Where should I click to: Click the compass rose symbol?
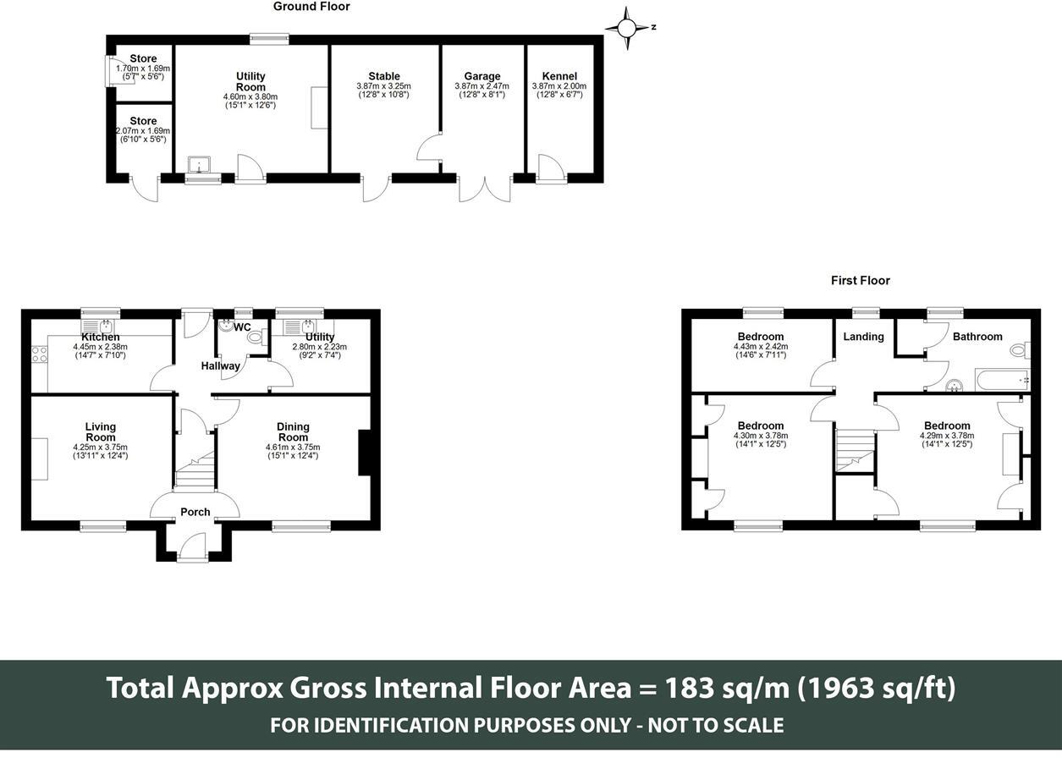coord(627,29)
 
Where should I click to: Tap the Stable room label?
coord(384,76)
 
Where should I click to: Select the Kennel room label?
coord(559,76)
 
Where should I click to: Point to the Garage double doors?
coord(485,189)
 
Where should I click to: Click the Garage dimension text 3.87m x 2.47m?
coord(481,86)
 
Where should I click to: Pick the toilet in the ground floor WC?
coord(256,338)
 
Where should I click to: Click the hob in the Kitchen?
coord(40,354)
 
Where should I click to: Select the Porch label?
coord(195,512)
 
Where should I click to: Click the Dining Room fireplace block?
coord(364,453)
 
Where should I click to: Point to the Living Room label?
coord(101,431)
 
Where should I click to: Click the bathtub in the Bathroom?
coord(1002,380)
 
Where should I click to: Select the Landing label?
coord(863,337)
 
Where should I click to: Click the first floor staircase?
coord(855,451)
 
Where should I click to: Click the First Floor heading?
coord(860,281)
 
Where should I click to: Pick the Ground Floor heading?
coord(311,7)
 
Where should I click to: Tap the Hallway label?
coord(221,366)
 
